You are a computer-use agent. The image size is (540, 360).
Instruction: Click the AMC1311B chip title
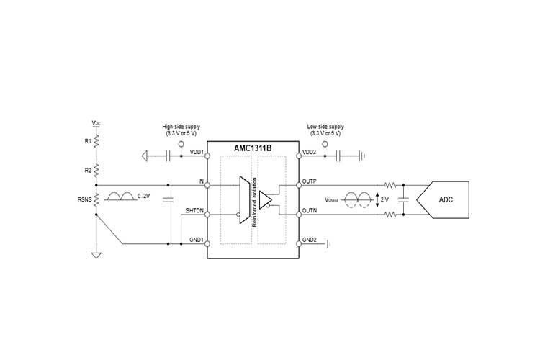pos(253,148)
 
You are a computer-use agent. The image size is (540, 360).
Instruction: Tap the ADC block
pos(443,200)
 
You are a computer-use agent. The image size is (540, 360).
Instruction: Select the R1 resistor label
pos(88,141)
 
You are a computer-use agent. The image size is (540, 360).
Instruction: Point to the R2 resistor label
pos(88,170)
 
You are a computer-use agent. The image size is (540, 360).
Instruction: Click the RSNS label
pos(84,199)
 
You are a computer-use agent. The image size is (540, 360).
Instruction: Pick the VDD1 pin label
pos(197,152)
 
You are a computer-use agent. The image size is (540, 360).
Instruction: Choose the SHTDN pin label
pos(195,210)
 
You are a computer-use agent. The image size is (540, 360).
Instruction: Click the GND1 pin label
pos(197,240)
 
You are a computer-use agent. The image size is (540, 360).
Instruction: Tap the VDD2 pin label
pos(310,152)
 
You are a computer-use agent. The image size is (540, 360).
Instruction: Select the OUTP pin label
pos(310,181)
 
